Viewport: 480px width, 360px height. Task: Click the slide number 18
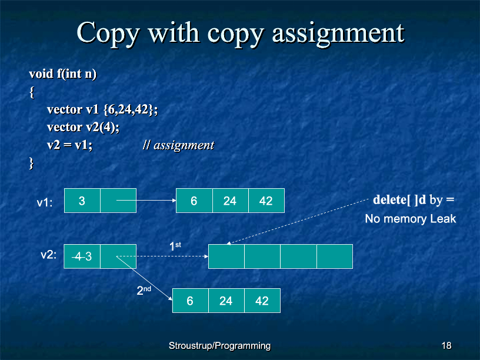point(446,346)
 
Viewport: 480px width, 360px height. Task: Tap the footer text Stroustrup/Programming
point(219,346)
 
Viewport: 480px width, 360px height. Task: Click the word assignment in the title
point(338,34)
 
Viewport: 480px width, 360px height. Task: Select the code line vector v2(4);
point(83,127)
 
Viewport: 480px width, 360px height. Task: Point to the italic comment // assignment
point(178,145)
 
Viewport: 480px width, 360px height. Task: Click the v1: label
point(45,203)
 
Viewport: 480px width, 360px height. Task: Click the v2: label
point(49,255)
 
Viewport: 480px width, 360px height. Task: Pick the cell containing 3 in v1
point(82,201)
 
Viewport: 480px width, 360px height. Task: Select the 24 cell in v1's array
point(230,201)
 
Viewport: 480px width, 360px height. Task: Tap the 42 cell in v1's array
point(266,201)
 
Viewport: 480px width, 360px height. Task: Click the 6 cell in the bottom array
point(191,301)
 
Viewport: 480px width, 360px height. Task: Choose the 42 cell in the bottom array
point(262,301)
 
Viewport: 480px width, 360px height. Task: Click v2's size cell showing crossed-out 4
point(82,256)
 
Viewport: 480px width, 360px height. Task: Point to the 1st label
point(175,246)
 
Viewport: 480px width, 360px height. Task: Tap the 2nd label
point(144,290)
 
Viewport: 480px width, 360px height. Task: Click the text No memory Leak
point(411,219)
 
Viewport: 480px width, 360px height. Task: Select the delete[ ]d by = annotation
point(414,200)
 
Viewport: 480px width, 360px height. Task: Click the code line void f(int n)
point(63,74)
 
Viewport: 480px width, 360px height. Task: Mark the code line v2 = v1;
point(69,145)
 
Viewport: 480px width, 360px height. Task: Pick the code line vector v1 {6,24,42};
point(102,109)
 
